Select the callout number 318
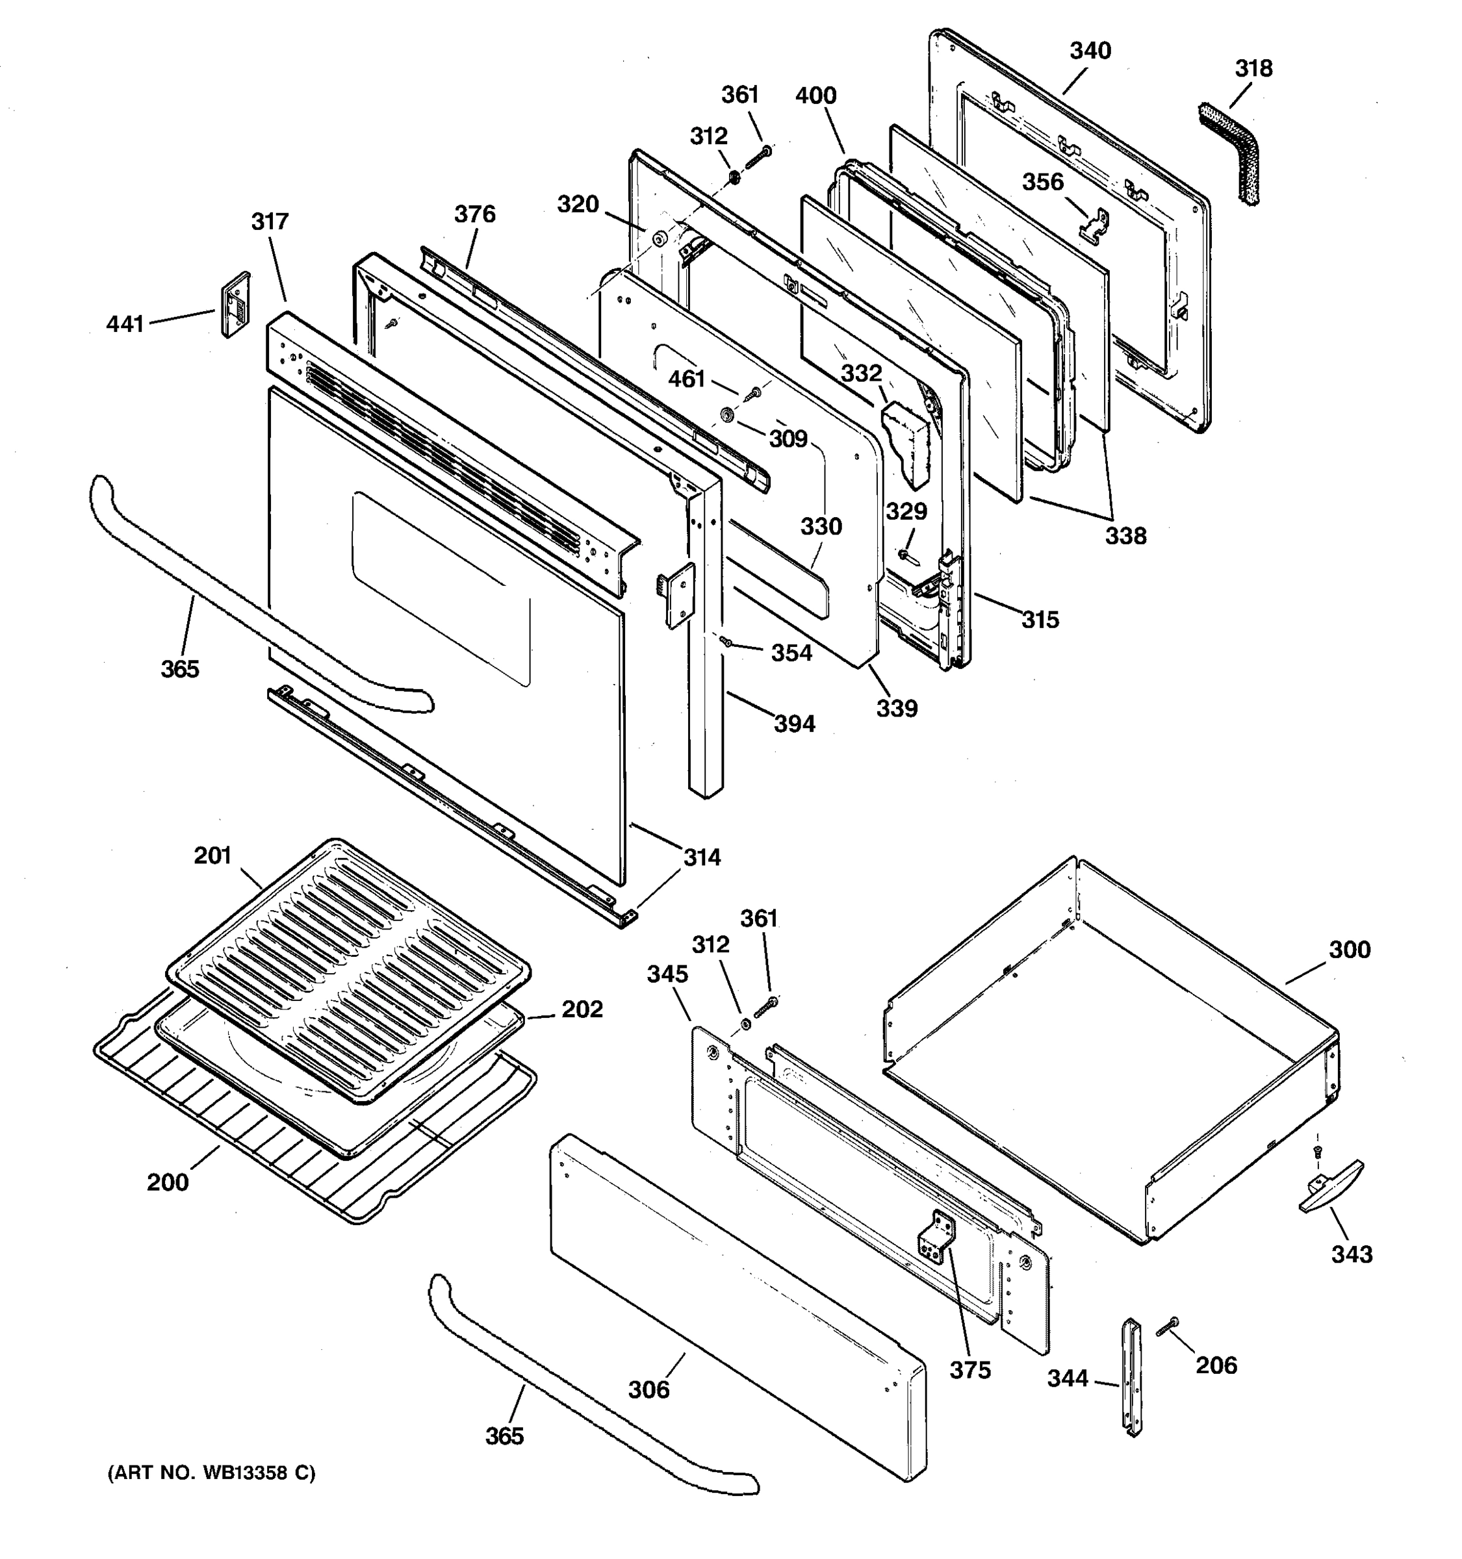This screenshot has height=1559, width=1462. (1253, 68)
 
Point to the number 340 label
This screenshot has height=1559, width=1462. (1090, 51)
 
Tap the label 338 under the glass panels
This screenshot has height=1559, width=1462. (1125, 537)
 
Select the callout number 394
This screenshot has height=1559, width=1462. (795, 723)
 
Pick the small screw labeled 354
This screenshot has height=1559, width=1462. (726, 642)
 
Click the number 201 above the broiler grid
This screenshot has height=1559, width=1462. (212, 855)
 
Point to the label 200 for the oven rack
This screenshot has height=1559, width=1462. (168, 1182)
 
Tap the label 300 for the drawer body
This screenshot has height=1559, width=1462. (1349, 950)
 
